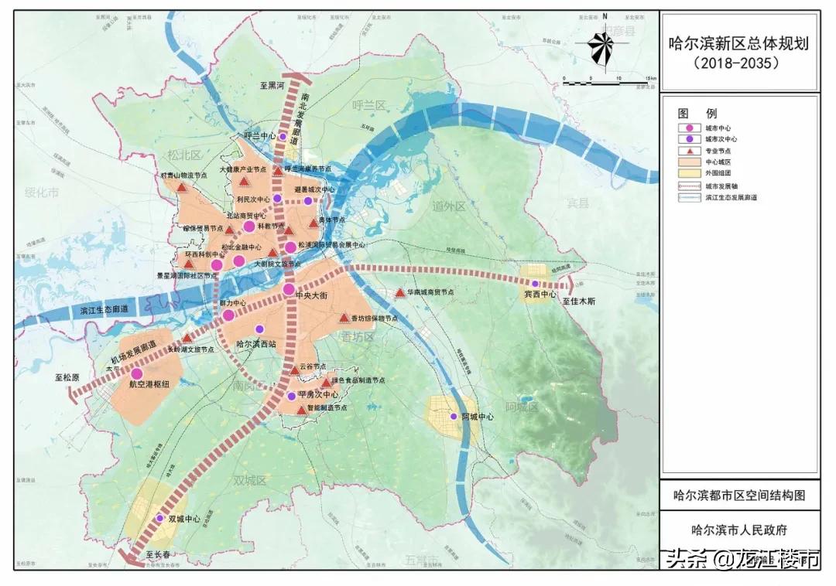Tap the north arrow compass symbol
[x=601, y=46]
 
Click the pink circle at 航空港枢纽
[x=136, y=373]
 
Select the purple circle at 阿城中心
[x=454, y=416]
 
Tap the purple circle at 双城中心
[x=160, y=518]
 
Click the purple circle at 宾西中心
[x=535, y=284]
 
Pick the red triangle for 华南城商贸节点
[x=399, y=293]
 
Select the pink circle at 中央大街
[x=289, y=288]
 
